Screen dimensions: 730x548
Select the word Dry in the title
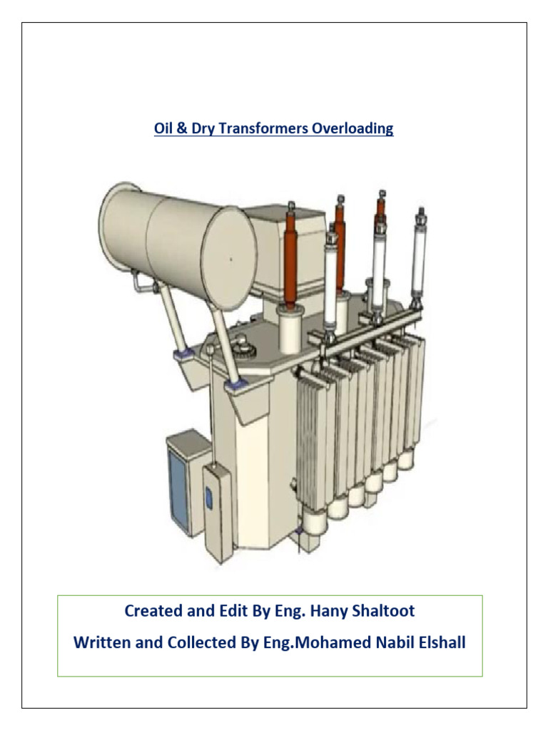coord(203,129)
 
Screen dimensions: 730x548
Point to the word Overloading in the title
coord(356,129)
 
